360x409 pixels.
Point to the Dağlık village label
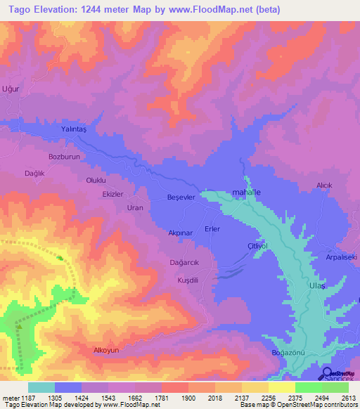point(35,173)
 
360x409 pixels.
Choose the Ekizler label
point(112,194)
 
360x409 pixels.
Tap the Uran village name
point(134,208)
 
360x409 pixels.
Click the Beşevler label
point(181,197)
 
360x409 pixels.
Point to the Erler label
point(212,229)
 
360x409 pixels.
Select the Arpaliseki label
point(342,257)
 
